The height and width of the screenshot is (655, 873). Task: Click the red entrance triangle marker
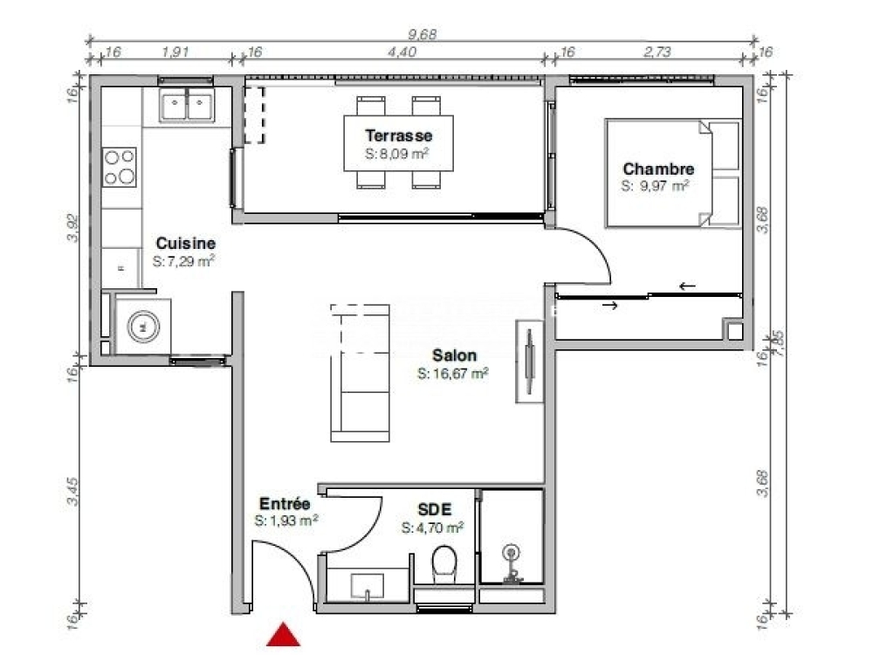284,635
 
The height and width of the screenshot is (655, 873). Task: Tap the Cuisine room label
185,244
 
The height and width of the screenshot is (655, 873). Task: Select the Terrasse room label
399,135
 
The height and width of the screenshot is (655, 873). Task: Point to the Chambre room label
658,169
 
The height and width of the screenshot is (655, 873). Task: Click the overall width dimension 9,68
423,34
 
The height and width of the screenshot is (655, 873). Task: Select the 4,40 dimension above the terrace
402,52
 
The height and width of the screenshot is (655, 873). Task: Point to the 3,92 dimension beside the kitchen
73,228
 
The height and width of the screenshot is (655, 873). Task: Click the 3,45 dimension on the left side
73,492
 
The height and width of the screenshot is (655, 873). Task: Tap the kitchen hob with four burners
119,167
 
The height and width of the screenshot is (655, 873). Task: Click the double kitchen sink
187,106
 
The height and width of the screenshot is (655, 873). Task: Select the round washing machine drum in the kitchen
143,327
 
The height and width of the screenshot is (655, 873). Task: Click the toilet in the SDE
443,563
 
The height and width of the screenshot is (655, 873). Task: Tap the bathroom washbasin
367,586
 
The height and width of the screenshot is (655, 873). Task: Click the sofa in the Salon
360,373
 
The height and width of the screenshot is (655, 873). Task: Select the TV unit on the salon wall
530,361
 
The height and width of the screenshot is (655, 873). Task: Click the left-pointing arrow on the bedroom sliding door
687,286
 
